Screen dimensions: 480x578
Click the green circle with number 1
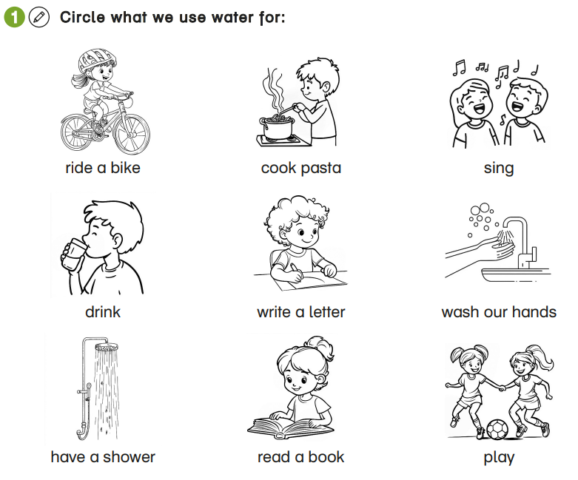pos(14,17)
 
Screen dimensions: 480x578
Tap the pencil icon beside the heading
pos(37,17)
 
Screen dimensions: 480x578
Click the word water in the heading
pos(204,17)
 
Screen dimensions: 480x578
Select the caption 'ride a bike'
pos(103,168)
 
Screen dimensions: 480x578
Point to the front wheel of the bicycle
pos(132,132)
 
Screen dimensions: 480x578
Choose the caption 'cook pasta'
pos(301,168)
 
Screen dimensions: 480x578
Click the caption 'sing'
pos(499,168)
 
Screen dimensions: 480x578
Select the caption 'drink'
pos(103,311)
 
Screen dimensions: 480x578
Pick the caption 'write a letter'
pos(301,311)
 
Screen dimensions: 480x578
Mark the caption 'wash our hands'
pos(499,311)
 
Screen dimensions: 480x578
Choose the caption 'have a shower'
pos(103,456)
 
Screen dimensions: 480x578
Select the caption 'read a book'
pos(301,456)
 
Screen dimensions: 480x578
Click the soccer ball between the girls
pos(496,430)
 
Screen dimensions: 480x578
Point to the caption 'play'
pos(499,456)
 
